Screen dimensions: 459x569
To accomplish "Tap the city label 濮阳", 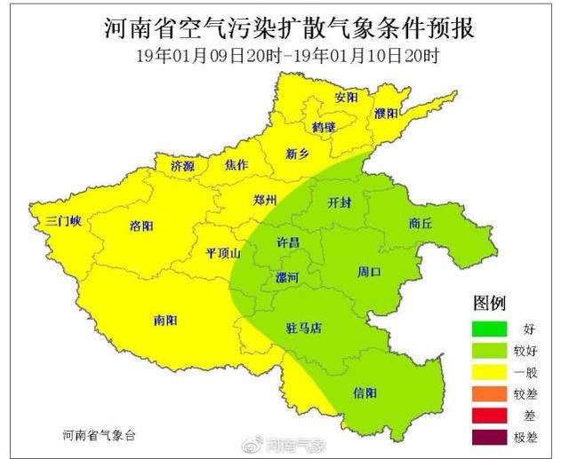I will coord(386,114).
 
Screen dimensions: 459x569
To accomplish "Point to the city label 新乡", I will coord(297,154).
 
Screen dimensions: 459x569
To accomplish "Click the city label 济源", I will coord(182,165).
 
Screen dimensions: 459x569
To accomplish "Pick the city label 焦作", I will coord(236,165).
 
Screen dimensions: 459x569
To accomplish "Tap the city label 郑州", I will coord(265,199).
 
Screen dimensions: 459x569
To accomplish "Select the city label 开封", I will coord(340,202).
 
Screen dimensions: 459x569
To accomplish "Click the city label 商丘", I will coord(421,224).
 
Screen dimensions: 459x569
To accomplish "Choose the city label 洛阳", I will coord(141,226).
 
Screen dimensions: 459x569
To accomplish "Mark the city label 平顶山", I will coord(223,253).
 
